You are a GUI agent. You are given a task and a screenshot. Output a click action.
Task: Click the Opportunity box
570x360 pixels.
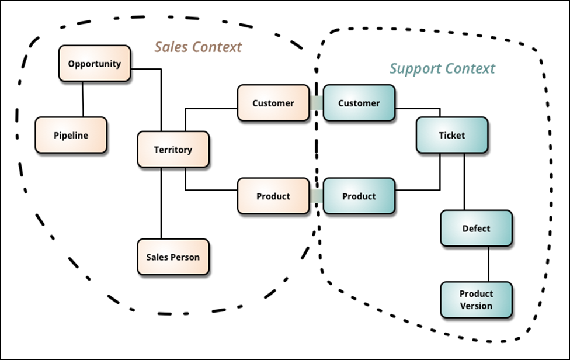95,63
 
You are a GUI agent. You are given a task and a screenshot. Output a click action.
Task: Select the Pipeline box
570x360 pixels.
71,135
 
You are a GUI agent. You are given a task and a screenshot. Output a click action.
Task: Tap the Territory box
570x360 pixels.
173,150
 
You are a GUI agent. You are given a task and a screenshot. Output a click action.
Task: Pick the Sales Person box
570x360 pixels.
173,257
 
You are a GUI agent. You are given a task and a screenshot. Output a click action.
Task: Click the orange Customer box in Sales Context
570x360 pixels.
273,103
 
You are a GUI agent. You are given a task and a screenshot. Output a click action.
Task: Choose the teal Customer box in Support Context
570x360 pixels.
359,103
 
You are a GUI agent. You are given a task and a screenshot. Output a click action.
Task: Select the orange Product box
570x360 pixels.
273,196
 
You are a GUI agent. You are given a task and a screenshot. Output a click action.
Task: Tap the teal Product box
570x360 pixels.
359,196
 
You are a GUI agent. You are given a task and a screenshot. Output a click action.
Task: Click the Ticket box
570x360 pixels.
452,135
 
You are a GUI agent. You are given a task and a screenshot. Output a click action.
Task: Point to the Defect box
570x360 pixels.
476,228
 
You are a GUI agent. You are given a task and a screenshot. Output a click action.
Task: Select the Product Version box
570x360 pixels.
476,300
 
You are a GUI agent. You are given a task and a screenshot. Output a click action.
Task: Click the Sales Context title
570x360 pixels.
198,47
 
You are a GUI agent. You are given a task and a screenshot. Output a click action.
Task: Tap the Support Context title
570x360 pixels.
443,68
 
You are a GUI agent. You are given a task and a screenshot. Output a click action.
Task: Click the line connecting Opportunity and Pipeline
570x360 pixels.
83,99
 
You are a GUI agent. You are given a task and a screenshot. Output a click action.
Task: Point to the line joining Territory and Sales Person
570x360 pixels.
161,203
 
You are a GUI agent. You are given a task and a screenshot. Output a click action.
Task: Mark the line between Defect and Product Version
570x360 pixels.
488,264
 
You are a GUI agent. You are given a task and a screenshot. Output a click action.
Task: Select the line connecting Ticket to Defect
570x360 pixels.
464,181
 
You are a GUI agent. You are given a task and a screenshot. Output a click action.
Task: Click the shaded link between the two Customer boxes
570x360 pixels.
317,102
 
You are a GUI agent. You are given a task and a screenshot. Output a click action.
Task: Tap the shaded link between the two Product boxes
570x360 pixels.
317,196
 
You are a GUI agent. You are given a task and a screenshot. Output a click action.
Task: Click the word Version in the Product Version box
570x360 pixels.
476,306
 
